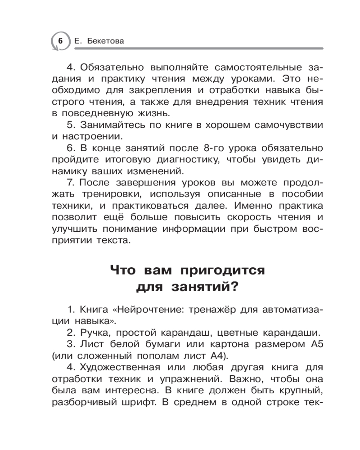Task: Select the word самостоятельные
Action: pyautogui.click(x=252, y=67)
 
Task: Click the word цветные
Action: pyautogui.click(x=234, y=333)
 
